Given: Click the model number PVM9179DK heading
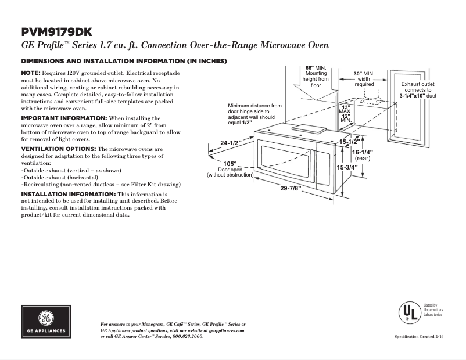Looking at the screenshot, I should (x=56, y=32).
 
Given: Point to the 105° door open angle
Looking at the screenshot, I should (x=230, y=164).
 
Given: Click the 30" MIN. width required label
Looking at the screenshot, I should (x=364, y=74).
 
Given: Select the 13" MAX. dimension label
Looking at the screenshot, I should (x=346, y=109).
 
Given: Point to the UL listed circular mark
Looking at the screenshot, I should (x=409, y=312).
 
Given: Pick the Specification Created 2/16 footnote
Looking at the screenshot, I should (x=418, y=337).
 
